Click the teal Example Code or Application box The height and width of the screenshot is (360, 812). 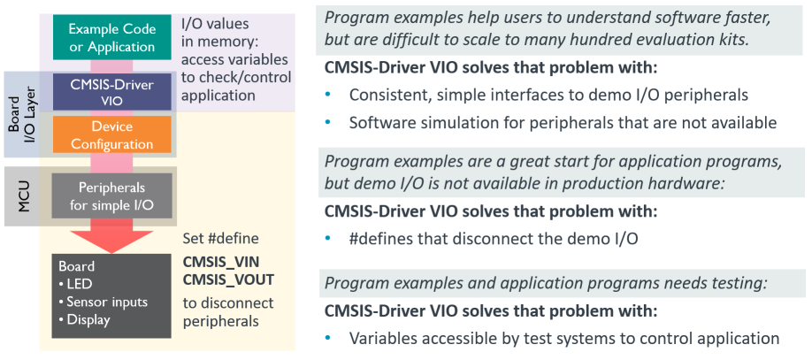click(111, 37)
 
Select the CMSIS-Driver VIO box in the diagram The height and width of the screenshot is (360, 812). click(111, 92)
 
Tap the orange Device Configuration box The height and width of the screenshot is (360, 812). click(111, 134)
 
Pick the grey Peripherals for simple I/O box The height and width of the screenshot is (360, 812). click(111, 195)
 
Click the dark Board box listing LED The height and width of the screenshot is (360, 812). click(111, 295)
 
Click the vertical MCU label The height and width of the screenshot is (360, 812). click(23, 196)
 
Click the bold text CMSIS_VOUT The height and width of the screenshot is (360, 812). click(228, 280)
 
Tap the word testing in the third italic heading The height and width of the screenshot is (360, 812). click(741, 283)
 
